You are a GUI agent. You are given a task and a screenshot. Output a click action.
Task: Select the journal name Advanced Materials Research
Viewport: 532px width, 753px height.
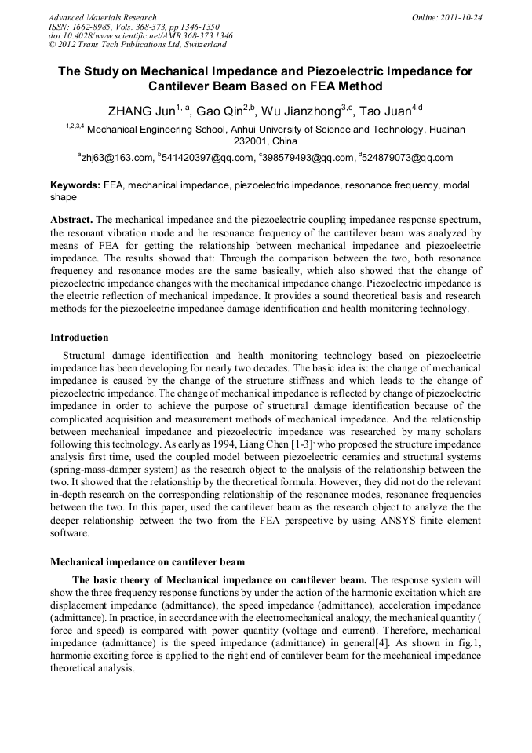102,17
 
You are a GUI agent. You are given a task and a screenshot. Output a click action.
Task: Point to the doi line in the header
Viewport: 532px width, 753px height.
140,35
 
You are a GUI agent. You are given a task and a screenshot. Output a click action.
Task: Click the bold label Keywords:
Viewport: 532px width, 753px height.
75,186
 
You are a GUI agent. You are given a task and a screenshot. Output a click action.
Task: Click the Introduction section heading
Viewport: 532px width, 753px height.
79,338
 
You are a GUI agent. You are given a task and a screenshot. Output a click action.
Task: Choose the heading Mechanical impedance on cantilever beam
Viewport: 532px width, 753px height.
148,562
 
